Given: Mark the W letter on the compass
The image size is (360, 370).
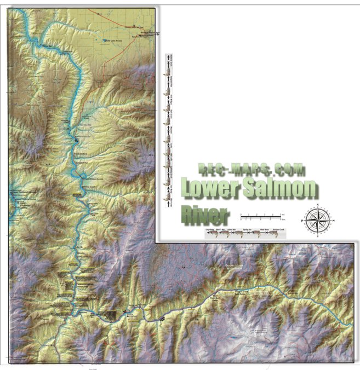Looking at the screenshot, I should pyautogui.click(x=302, y=219).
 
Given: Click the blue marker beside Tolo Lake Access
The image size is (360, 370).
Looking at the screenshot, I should pyautogui.click(x=105, y=40).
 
